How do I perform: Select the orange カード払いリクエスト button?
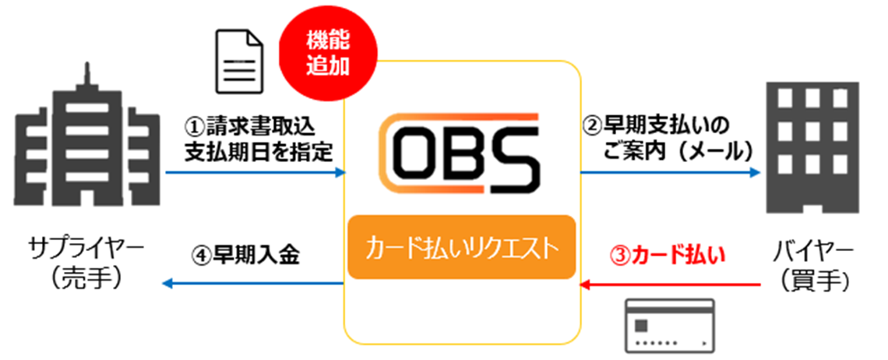(x=463, y=249)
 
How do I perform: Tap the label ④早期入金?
(x=245, y=254)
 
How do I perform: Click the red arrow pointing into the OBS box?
(x=670, y=286)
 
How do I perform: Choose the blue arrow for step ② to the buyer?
(x=670, y=174)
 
